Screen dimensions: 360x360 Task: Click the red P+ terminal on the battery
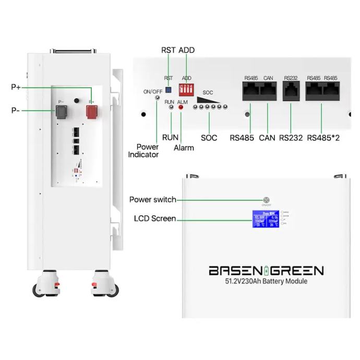tap(92, 112)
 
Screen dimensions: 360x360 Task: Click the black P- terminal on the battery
tap(62, 112)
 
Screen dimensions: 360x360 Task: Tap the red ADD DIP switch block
tap(187, 88)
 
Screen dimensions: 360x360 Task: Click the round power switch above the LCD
tap(267, 200)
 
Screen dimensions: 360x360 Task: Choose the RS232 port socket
tap(291, 92)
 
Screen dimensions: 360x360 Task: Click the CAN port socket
tap(269, 92)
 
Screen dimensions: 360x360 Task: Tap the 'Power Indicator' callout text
tap(144, 151)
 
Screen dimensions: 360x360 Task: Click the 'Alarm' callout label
tap(184, 148)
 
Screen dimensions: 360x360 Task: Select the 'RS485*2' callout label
tap(322, 138)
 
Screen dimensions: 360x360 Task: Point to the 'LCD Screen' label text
tap(154, 219)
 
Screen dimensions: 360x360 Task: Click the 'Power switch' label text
tap(152, 200)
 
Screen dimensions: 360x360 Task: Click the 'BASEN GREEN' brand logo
tap(266, 270)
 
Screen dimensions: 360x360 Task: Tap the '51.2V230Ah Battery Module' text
tap(266, 281)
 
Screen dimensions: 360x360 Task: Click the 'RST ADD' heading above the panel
tap(177, 50)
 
